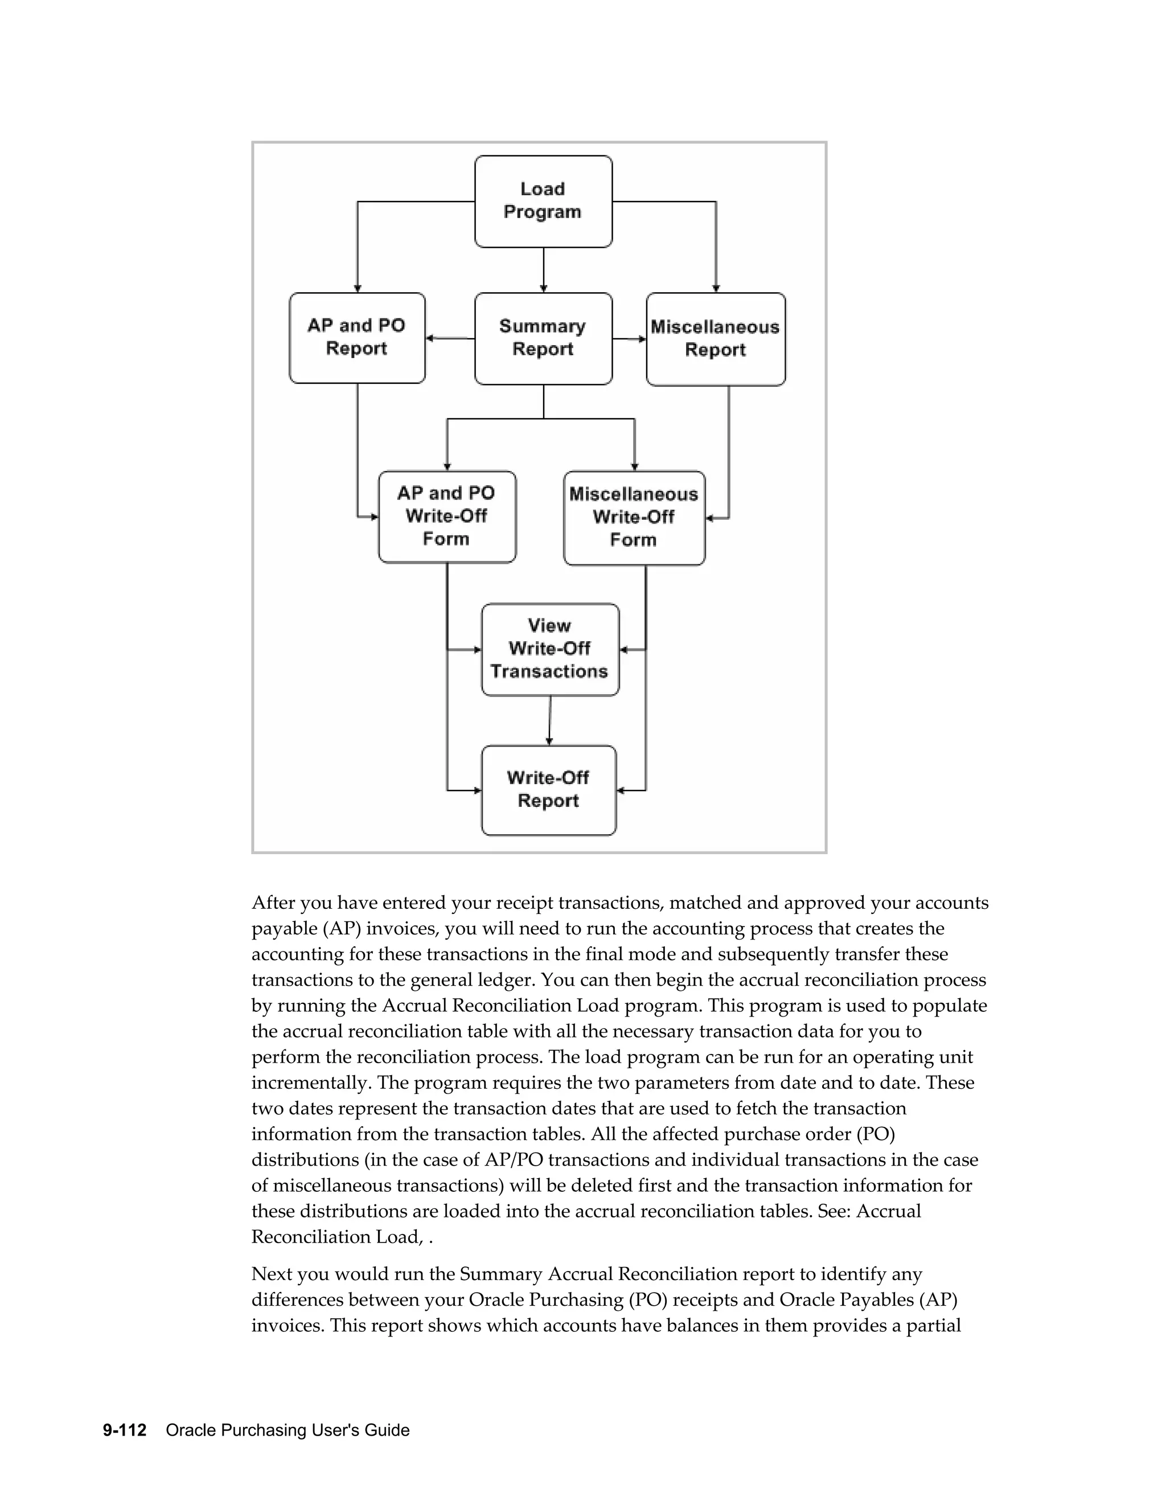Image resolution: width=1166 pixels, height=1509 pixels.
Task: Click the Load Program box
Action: click(543, 201)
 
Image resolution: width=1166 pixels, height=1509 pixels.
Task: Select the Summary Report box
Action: click(543, 338)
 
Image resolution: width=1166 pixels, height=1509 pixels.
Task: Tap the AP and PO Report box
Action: click(356, 337)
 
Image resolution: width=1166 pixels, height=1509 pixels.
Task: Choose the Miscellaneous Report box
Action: click(715, 339)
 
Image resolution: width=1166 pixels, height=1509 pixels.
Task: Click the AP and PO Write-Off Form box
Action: click(446, 516)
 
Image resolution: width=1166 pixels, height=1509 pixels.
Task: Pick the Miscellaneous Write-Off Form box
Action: click(634, 518)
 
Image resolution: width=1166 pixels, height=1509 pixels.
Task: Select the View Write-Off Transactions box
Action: click(549, 649)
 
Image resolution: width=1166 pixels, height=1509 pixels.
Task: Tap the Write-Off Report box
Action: click(548, 790)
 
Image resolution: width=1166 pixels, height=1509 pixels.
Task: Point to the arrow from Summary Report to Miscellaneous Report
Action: click(629, 339)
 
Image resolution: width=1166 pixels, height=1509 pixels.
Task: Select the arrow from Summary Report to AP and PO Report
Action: click(450, 338)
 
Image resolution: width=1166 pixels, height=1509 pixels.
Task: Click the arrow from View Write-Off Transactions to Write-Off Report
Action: click(550, 720)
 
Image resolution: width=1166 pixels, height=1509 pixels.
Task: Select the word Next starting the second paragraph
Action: click(272, 1274)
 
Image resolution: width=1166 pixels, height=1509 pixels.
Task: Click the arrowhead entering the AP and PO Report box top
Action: click(357, 288)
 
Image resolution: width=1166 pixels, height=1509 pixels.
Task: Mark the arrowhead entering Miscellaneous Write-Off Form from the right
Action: click(709, 518)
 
